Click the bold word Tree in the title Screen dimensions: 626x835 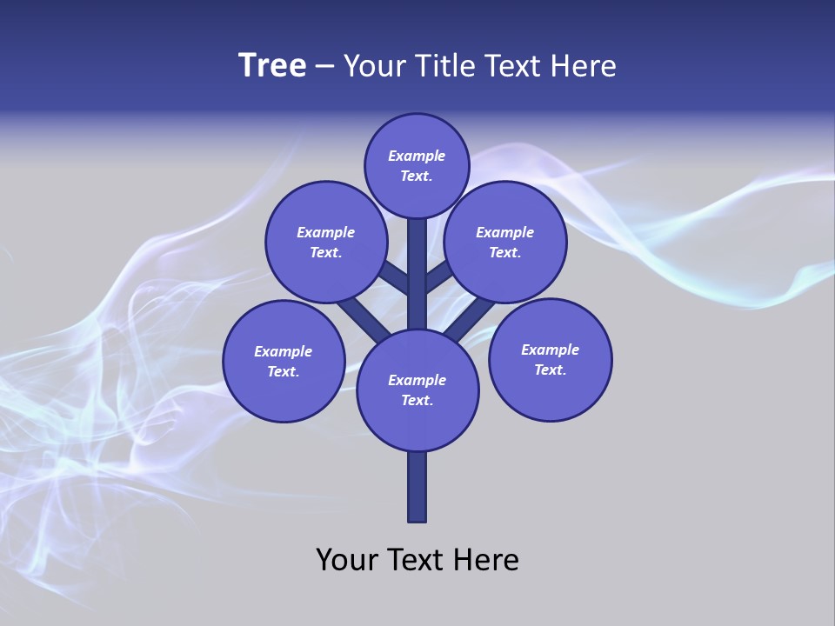pos(272,66)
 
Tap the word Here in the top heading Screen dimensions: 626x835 pos(582,66)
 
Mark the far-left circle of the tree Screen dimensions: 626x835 pos(284,361)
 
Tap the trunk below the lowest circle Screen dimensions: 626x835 pos(417,487)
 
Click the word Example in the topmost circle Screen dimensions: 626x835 pos(417,156)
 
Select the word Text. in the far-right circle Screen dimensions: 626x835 pos(551,370)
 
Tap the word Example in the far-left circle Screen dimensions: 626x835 pos(284,352)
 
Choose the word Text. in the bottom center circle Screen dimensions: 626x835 pos(417,401)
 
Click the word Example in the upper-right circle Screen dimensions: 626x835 pos(505,233)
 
